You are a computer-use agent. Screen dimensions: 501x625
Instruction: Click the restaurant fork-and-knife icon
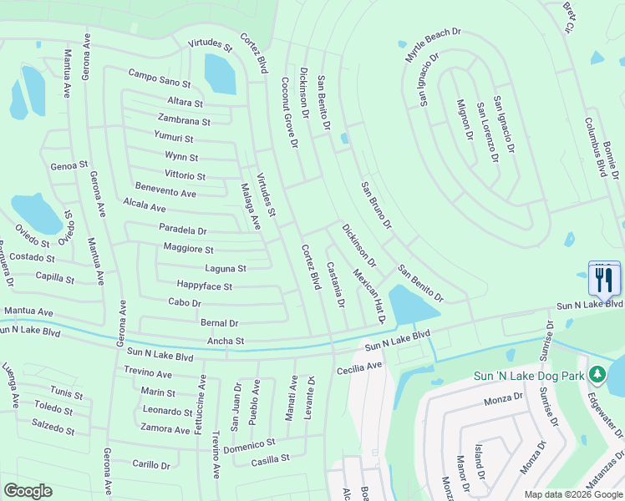[605, 279]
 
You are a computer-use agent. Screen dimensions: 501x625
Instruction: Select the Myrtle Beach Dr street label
[433, 47]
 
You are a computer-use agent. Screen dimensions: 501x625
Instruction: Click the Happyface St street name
[204, 286]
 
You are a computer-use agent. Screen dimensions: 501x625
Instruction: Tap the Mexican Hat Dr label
[368, 296]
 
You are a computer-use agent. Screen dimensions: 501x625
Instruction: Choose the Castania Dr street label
[335, 284]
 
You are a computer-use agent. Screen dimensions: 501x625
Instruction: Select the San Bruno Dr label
[376, 205]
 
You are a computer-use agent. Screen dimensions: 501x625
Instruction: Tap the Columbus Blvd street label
[598, 147]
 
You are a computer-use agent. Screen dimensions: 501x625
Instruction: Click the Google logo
[28, 491]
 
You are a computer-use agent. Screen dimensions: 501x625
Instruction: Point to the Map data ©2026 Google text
[572, 494]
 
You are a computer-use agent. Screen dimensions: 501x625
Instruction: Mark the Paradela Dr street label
[182, 230]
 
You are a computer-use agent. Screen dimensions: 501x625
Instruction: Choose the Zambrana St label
[184, 121]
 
